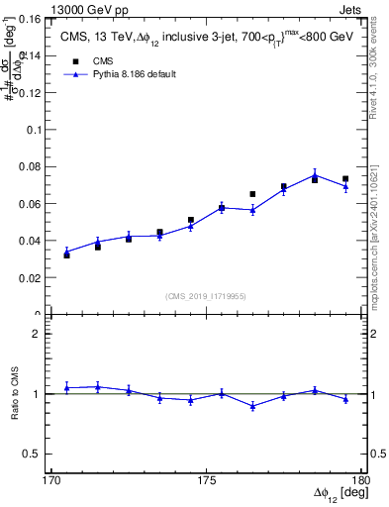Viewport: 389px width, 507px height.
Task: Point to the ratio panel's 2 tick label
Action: (x=39, y=334)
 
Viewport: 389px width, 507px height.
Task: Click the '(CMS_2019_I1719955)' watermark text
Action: (x=206, y=295)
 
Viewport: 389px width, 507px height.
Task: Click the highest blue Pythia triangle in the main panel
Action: (x=315, y=174)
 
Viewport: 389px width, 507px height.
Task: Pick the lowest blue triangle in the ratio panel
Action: (x=252, y=406)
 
